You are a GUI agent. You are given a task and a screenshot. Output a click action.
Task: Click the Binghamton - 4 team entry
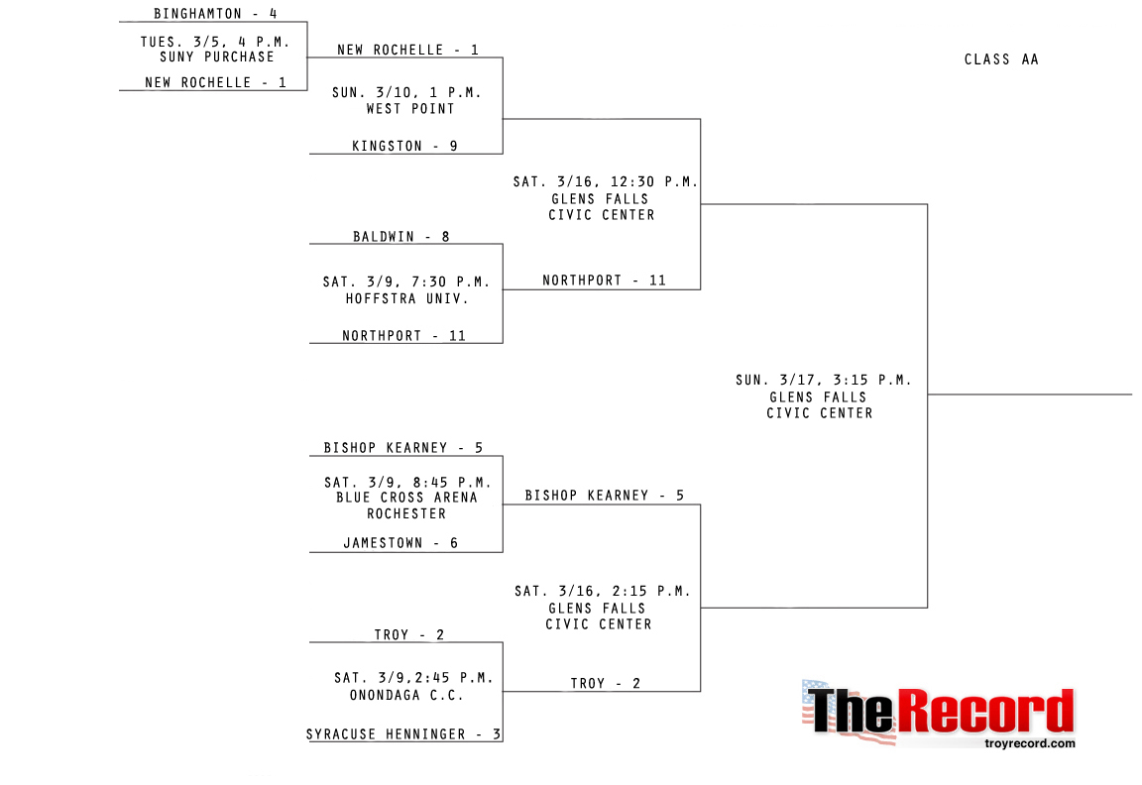click(215, 14)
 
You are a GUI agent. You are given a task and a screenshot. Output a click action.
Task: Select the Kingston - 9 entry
click(404, 146)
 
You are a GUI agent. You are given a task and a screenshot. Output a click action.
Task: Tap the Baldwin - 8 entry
click(401, 237)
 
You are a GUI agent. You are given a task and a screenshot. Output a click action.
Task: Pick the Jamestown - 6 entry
click(400, 543)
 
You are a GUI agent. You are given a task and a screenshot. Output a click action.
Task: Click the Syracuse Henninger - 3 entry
click(403, 734)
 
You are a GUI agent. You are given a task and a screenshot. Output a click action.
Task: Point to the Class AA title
click(1001, 59)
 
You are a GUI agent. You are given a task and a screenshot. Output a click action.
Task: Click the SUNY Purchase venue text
click(217, 56)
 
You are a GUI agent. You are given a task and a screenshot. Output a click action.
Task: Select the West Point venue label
click(410, 109)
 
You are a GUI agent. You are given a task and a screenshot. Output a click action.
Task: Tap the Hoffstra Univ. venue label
click(406, 298)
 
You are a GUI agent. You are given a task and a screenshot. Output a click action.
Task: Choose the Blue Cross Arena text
click(406, 498)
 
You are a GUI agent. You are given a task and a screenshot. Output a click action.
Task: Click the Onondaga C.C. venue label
click(406, 695)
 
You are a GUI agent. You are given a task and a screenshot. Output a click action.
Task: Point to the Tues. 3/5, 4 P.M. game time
click(215, 42)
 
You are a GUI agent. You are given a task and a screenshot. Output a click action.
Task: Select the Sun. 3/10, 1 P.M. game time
click(406, 92)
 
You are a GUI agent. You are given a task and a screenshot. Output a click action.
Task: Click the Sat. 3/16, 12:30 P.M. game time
click(606, 182)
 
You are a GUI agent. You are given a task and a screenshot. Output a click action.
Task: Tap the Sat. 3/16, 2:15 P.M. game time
click(603, 592)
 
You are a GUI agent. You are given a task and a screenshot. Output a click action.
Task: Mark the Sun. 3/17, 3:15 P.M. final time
click(824, 381)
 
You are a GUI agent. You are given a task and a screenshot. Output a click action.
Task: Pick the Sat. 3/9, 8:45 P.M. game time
click(407, 483)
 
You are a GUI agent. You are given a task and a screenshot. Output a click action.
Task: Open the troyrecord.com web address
click(1030, 743)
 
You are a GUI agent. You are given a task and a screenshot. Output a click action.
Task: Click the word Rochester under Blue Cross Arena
click(406, 513)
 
